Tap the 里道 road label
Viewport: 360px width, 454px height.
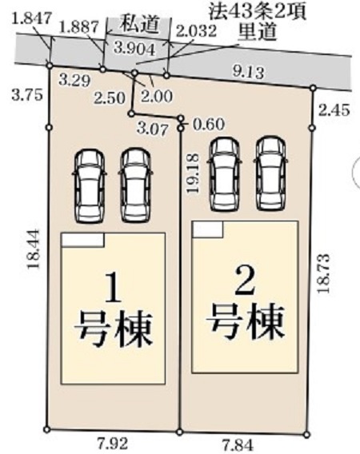257,33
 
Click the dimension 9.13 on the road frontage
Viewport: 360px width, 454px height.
249,71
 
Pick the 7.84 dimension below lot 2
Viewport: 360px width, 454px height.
238,445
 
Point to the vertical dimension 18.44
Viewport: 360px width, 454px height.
34,249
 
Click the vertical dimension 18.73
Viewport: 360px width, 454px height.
323,273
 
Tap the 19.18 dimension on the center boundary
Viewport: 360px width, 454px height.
193,173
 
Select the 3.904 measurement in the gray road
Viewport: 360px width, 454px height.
134,49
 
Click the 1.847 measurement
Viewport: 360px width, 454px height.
33,18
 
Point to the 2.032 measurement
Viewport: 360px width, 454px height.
196,30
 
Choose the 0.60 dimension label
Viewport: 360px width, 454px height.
209,125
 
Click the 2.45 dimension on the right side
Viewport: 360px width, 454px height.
334,110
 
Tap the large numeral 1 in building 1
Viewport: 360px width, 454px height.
113,288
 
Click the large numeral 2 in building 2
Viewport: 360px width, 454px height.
246,281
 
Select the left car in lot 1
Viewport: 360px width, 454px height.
90,186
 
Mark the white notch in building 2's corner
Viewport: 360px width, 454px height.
208,229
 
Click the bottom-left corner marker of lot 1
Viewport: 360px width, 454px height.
46,429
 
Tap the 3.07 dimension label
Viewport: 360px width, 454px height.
153,129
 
